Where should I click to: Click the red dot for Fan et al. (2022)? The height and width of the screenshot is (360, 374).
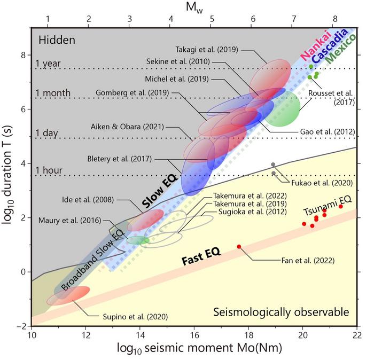[239, 246]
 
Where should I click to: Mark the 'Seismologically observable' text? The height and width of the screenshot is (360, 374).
[281, 312]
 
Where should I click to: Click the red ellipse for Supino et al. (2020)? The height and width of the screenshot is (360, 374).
[68, 296]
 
